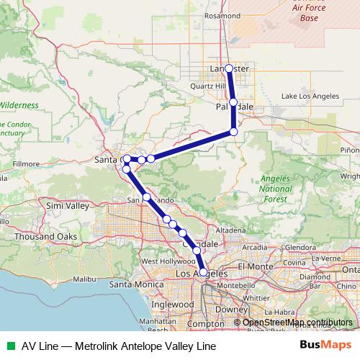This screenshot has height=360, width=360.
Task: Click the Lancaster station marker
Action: [x=229, y=68]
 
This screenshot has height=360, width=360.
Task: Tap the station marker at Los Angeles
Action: [x=204, y=272]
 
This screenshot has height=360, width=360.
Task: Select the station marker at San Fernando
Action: [x=146, y=197]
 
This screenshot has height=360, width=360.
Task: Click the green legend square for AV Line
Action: [x=8, y=346]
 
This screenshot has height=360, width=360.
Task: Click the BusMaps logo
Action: [x=325, y=346]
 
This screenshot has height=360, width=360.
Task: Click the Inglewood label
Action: [x=173, y=304]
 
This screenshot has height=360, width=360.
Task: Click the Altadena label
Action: [x=230, y=230]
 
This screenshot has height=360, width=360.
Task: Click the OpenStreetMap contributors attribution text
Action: [x=297, y=322]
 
